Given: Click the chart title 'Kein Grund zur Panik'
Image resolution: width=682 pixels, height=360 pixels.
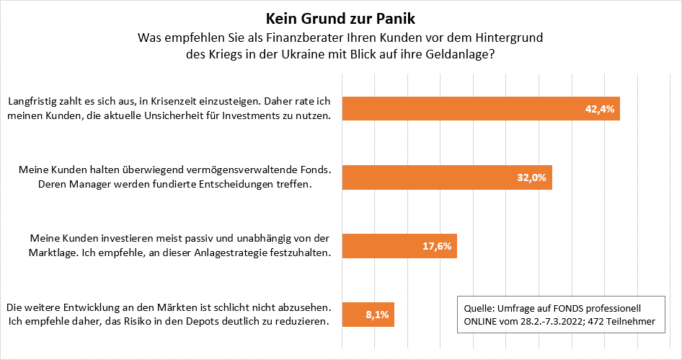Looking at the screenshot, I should (340, 17).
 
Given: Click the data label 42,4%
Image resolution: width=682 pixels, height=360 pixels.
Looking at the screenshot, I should (599, 109).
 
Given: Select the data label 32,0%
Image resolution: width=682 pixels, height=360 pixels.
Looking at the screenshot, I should (532, 177).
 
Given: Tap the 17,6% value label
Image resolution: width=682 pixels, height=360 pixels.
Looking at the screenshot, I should (436, 245).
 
